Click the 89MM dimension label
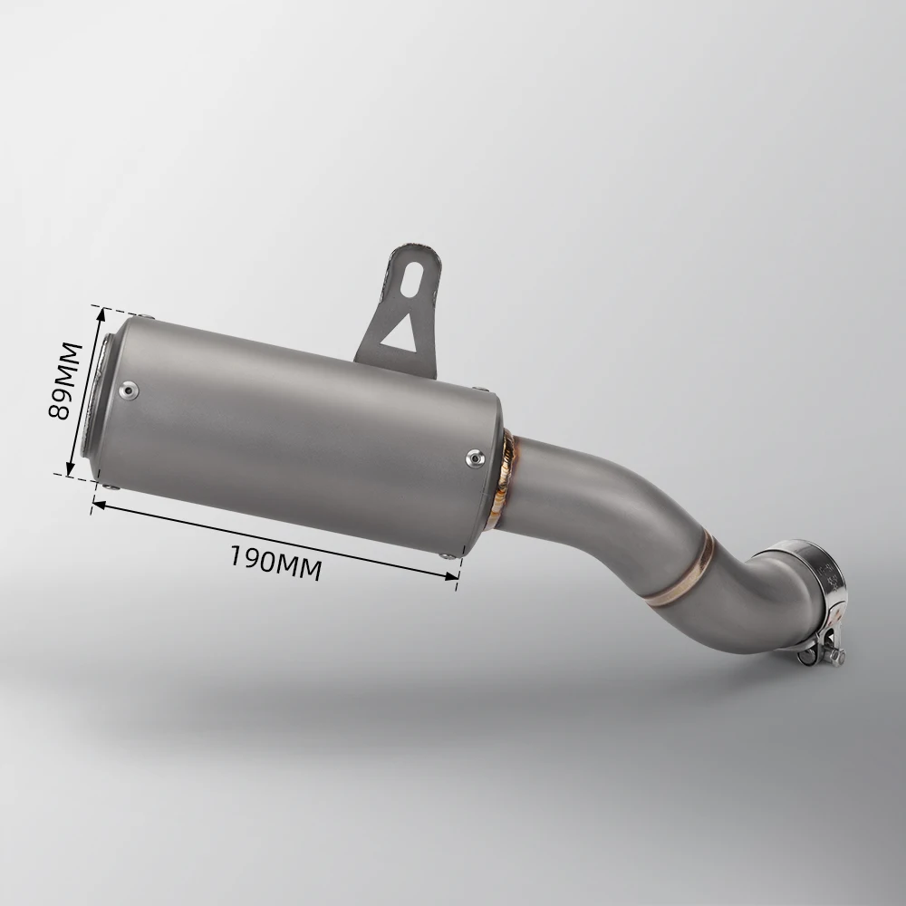point(65,381)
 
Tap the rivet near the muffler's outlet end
point(129,391)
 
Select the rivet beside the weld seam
point(475,458)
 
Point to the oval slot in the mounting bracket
point(414,279)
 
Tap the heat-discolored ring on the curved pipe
point(685,571)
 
